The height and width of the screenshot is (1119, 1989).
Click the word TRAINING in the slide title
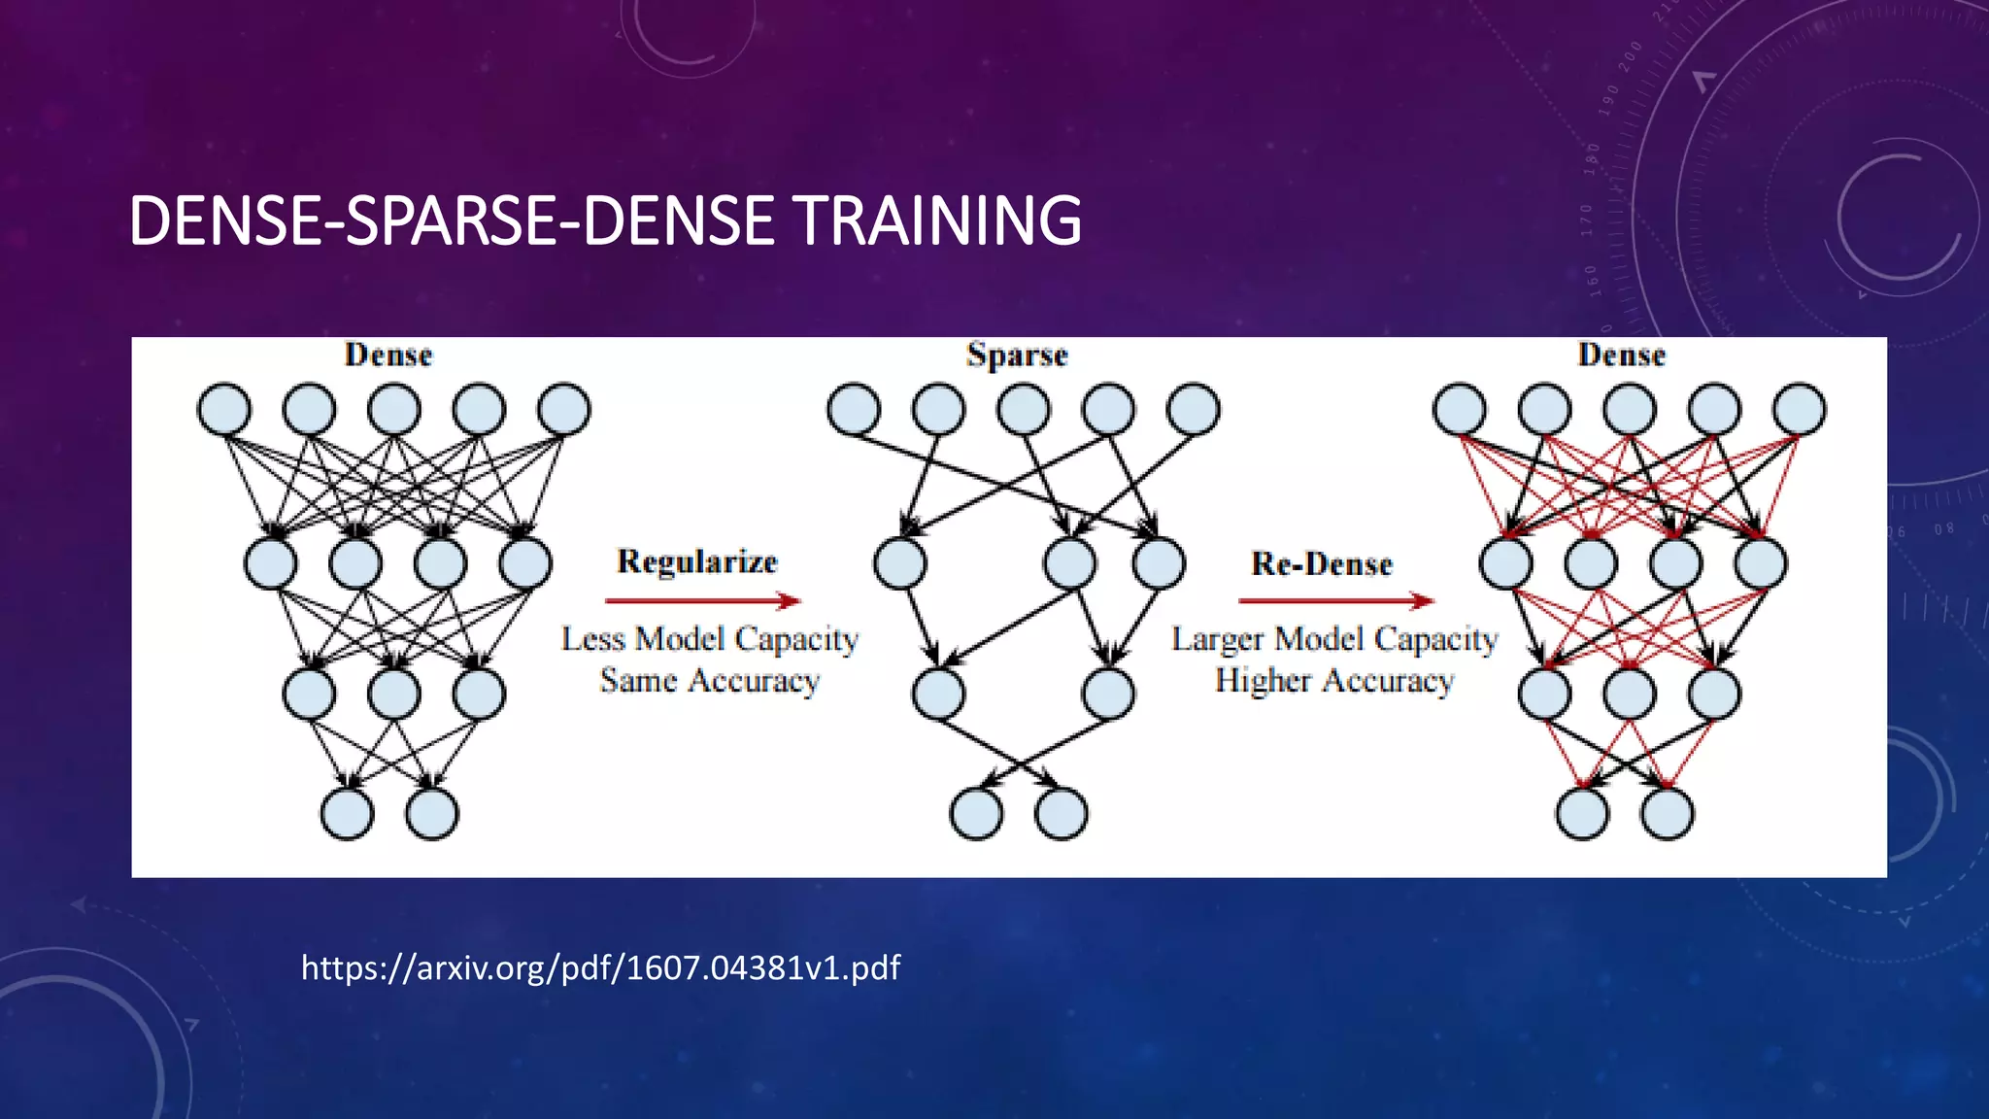tap(937, 220)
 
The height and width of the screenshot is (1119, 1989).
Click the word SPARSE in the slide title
tap(450, 220)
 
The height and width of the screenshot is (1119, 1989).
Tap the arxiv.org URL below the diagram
tap(600, 967)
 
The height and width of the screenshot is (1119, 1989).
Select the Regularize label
tap(697, 561)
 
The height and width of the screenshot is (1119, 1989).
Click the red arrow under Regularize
tap(702, 601)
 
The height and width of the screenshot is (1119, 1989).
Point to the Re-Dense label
tap(1322, 563)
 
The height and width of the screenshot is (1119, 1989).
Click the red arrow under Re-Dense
tap(1335, 601)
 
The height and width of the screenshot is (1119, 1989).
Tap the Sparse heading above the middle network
tap(1017, 356)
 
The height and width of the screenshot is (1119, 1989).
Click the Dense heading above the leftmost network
tap(388, 356)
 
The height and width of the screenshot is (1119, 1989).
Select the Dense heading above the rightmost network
tap(1621, 356)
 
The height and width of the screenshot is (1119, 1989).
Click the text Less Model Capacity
tap(710, 639)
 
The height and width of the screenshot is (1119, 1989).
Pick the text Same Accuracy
tap(710, 681)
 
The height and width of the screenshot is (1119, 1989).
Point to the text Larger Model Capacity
tap(1334, 639)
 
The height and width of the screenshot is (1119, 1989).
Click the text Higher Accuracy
tap(1334, 681)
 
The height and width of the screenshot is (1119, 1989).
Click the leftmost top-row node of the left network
tap(224, 409)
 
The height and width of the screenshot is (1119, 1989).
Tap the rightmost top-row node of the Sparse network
tap(1194, 409)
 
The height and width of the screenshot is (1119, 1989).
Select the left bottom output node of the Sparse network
tap(976, 813)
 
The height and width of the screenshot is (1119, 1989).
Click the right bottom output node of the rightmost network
tap(1668, 813)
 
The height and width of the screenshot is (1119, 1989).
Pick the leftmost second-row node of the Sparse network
tap(899, 563)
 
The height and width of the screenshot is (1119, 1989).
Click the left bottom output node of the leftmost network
tap(347, 813)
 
